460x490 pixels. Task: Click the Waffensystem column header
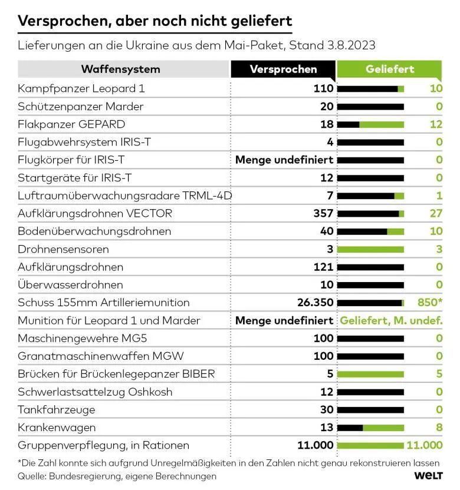click(120, 69)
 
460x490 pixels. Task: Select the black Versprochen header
click(283, 69)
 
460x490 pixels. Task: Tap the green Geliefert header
click(389, 69)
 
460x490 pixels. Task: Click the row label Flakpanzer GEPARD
click(71, 124)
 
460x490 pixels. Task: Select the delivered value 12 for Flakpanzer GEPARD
click(436, 124)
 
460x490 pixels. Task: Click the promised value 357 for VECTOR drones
click(323, 213)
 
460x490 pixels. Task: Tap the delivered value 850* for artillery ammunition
click(429, 303)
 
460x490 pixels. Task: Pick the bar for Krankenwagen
click(370, 428)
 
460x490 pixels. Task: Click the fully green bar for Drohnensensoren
click(370, 249)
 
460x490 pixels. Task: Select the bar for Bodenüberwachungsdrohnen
click(370, 231)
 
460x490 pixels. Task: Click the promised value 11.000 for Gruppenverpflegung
click(316, 445)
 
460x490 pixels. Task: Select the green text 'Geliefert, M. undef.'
click(391, 320)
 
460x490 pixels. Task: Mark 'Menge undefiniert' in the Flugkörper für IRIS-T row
click(284, 160)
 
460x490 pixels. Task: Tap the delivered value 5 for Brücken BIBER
click(439, 374)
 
